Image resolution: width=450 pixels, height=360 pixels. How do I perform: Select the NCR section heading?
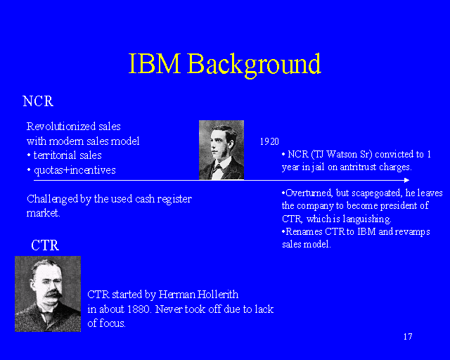38,101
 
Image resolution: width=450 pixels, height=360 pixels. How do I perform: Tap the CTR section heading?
45,245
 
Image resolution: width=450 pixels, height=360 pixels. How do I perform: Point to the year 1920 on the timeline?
269,141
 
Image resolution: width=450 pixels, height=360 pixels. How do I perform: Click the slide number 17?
408,336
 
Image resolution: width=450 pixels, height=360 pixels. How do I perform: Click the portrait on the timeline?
221,150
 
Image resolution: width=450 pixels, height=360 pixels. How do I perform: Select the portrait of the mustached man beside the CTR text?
48,293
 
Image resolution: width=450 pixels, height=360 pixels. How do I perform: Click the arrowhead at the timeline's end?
406,181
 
